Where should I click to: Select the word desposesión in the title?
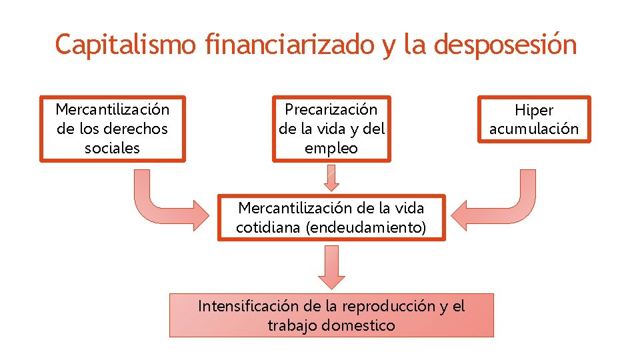pos(505,45)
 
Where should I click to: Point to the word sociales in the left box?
pos(112,148)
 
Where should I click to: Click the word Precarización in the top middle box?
pos(331,109)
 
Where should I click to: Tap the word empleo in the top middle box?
pos(331,148)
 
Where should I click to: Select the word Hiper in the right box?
pos(534,110)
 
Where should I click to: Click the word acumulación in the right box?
pos(534,129)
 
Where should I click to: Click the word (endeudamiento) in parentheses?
pos(365,227)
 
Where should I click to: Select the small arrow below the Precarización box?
pos(331,177)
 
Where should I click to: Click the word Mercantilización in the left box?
pos(112,109)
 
